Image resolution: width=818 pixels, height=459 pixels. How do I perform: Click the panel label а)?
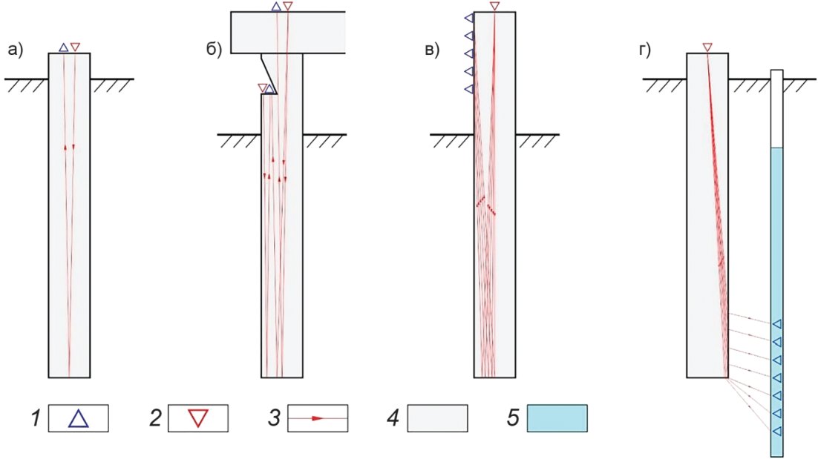pyautogui.click(x=16, y=50)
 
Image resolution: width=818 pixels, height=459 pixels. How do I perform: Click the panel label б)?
pyautogui.click(x=213, y=50)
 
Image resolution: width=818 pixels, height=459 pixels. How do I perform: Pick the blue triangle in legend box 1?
pyautogui.click(x=78, y=419)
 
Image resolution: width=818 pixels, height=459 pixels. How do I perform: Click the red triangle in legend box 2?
pyautogui.click(x=197, y=418)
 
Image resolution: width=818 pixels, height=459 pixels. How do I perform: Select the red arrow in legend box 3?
pyautogui.click(x=318, y=418)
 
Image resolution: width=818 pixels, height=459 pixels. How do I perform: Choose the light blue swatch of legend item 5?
pyautogui.click(x=557, y=418)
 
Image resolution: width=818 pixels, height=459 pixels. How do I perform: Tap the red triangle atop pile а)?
pyautogui.click(x=75, y=47)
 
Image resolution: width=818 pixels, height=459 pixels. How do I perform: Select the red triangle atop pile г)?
pyautogui.click(x=707, y=48)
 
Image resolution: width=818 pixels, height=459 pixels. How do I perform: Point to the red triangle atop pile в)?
pyautogui.click(x=495, y=7)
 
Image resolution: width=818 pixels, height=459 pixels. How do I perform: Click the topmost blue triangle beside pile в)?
pyautogui.click(x=468, y=17)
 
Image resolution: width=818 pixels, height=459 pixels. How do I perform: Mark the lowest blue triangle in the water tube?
pyautogui.click(x=777, y=431)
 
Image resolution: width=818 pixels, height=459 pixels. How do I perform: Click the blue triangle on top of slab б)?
pyautogui.click(x=276, y=7)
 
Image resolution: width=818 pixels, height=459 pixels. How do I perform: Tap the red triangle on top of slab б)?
pyautogui.click(x=288, y=7)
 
